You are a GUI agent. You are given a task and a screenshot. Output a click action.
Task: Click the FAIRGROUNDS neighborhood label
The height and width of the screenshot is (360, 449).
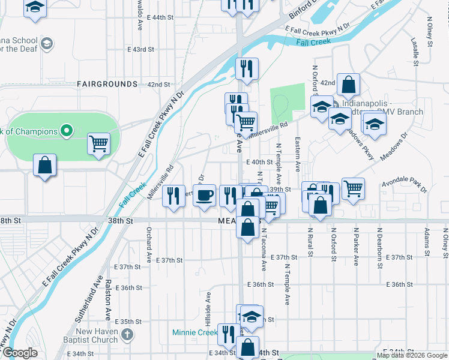tap(107, 85)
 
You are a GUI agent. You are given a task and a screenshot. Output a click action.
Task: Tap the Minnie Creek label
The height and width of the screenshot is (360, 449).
tap(194, 332)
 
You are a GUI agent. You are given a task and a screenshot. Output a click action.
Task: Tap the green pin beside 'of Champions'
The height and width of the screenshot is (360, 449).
tap(67, 131)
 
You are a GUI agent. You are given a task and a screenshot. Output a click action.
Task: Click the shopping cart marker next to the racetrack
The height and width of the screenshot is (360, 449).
tap(98, 143)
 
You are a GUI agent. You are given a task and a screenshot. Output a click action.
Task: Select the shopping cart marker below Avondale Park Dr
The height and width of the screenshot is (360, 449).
tap(353, 188)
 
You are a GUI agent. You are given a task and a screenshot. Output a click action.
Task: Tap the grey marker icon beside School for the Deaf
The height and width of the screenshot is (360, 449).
tap(47, 44)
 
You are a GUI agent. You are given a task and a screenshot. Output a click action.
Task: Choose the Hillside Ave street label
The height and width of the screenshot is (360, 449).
tap(209, 305)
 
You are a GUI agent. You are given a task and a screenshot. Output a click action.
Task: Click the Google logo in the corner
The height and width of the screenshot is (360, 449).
tap(20, 353)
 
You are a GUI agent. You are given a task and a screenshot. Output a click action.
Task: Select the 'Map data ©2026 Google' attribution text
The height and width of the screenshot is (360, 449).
tap(412, 355)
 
